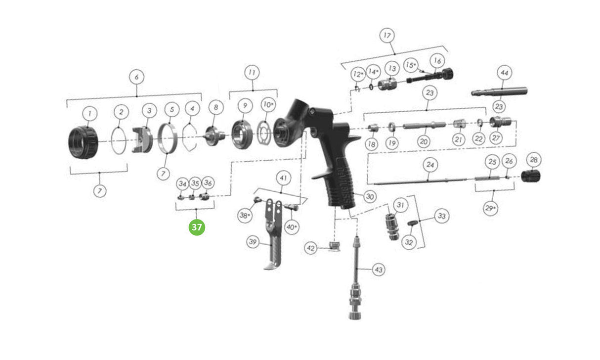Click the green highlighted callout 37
197,227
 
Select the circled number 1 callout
90,114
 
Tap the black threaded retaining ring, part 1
84,142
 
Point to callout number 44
505,73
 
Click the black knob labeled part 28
531,176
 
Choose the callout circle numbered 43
379,270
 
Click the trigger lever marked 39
273,234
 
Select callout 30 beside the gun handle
370,196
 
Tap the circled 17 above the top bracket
387,36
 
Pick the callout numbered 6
136,77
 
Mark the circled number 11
252,72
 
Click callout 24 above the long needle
430,165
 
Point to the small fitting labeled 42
335,246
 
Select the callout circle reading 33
442,216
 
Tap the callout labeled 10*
268,104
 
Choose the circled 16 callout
437,61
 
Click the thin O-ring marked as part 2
119,141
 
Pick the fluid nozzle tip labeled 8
215,136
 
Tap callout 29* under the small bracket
491,208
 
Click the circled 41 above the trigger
283,178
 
